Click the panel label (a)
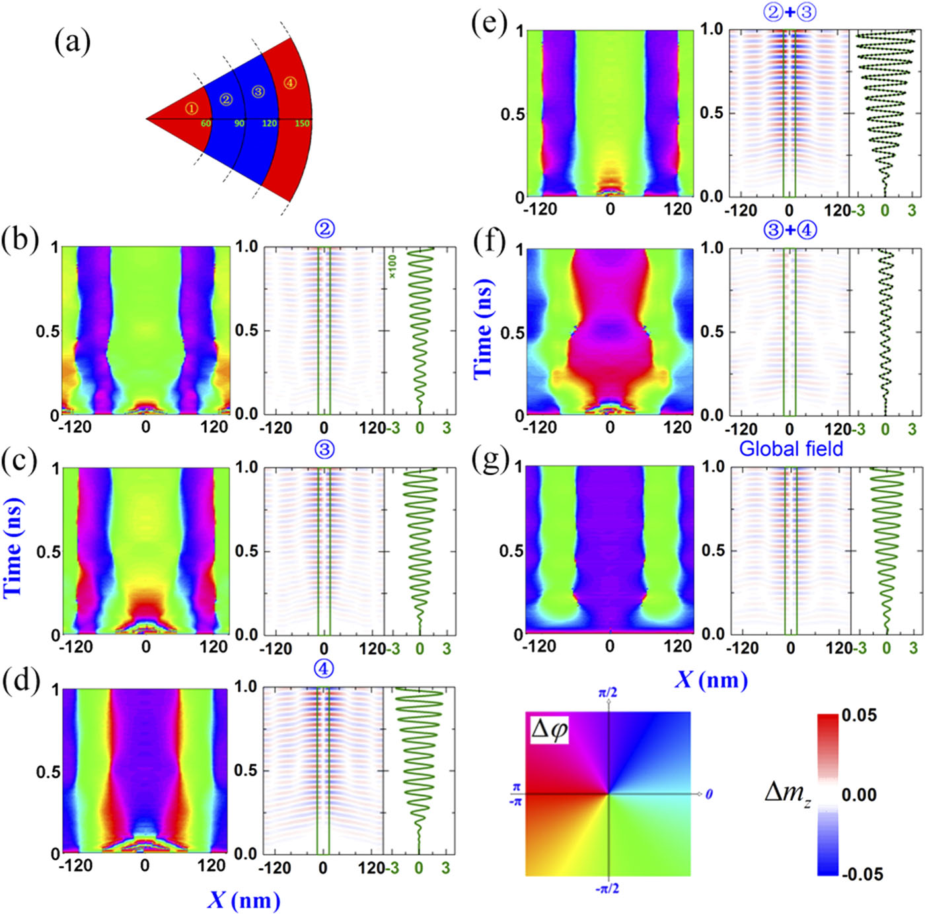[72, 43]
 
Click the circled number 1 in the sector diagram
[191, 108]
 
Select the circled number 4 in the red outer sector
[289, 83]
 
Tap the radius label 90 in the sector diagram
[239, 123]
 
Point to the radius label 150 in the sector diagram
[302, 123]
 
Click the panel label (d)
[19, 680]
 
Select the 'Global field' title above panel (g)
[791, 449]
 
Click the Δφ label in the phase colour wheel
[550, 729]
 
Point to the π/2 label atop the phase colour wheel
[607, 693]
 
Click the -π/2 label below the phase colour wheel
[607, 889]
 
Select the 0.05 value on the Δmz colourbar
[859, 715]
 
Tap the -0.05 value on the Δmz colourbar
[862, 874]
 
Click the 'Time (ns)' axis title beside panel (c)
[13, 547]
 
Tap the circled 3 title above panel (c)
[324, 450]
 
